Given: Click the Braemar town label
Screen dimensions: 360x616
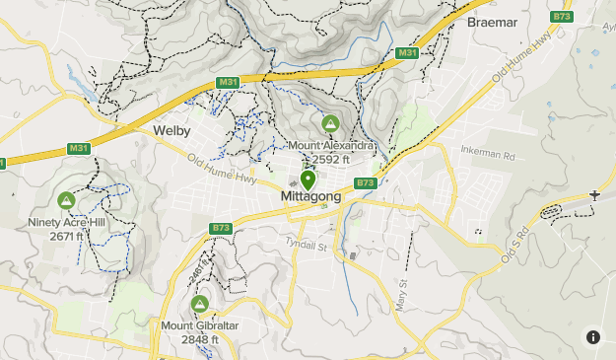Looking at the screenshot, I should [x=493, y=21].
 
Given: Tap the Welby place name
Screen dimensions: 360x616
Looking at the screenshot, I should [x=171, y=130].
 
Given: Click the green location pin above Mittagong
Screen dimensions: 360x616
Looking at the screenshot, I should [x=308, y=180].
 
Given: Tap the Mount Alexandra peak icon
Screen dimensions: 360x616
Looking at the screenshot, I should [x=330, y=123].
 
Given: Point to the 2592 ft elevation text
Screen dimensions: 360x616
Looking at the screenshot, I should [x=332, y=159].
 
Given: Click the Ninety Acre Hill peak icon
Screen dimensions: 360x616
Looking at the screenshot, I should [x=66, y=201].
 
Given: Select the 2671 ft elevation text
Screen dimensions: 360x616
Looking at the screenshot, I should [x=66, y=237].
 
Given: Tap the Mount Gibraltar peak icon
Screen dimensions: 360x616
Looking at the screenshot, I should [x=201, y=304].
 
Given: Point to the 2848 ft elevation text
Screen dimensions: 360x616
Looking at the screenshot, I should [x=201, y=339].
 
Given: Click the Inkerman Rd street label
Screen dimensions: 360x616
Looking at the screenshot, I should [x=488, y=155].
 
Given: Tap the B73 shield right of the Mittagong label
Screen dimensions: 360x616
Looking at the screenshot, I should [x=365, y=182].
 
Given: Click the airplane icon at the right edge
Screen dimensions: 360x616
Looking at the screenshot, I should [x=594, y=194].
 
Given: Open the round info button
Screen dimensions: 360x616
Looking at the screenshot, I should [x=593, y=337].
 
